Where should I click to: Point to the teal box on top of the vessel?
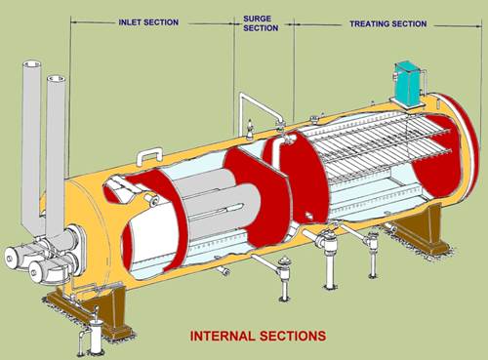coord(406,82)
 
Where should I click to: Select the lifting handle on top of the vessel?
coord(151,154)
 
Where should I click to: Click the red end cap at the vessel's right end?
coord(444,156)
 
